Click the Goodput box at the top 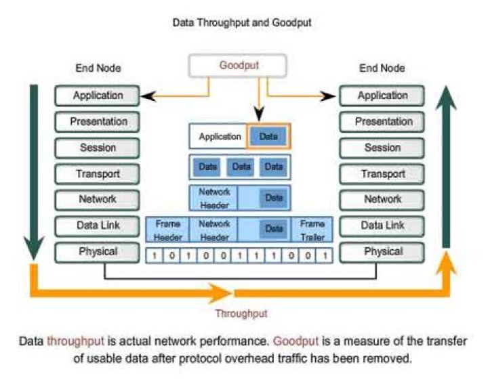[x=239, y=66]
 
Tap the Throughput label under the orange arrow [x=241, y=314]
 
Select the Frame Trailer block [x=312, y=230]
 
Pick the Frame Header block [x=167, y=230]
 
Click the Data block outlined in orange [x=268, y=136]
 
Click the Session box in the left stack [x=98, y=148]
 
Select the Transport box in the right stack [x=382, y=174]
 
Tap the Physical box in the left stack [x=98, y=252]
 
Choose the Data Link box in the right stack [x=382, y=226]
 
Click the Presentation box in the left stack [x=98, y=122]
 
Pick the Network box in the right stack [x=382, y=200]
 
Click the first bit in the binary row [x=155, y=256]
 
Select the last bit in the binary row [x=325, y=256]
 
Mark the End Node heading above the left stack [x=98, y=68]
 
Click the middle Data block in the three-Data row [x=239, y=166]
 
